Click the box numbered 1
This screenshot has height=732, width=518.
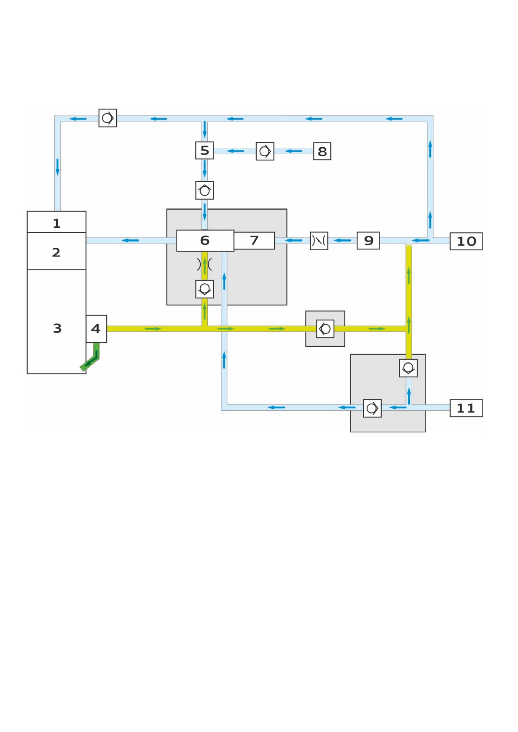56,222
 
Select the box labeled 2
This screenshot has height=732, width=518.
56,251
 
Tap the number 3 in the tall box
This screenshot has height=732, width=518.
57,328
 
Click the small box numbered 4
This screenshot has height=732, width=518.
96,329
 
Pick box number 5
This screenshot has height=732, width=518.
204,150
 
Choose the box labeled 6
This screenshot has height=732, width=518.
205,241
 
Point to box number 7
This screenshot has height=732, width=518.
254,241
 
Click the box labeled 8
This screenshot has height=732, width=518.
322,151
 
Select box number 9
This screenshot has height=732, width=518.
368,241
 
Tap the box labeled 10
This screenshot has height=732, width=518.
466,241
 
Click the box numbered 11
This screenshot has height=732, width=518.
466,408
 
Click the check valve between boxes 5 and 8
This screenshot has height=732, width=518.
265,151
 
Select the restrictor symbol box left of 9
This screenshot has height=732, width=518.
319,241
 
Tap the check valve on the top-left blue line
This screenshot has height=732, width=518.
108,118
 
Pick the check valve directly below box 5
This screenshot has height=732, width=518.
205,191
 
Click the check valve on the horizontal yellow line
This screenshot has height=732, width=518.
325,328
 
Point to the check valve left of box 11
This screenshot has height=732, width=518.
373,408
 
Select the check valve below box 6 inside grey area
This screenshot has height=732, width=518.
205,289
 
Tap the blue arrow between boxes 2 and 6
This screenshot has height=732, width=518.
130,240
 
